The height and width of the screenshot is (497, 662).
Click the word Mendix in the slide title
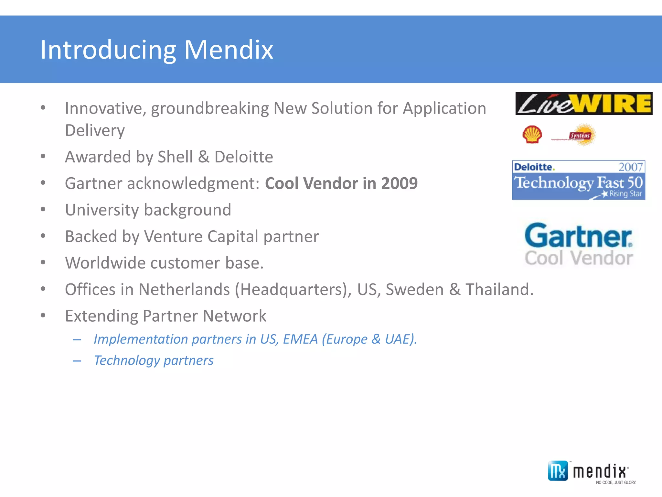tap(229, 50)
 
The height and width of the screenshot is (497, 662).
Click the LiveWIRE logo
tap(583, 104)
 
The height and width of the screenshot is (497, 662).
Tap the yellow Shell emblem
tap(532, 135)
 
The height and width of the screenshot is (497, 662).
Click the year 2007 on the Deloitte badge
tap(630, 167)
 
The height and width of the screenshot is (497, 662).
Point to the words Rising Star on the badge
tap(625, 194)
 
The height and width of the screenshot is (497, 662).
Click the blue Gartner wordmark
tap(578, 236)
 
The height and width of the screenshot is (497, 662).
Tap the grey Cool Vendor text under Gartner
tap(579, 258)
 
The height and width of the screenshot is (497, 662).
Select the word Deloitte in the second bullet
tap(244, 157)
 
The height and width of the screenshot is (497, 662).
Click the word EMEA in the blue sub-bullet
tap(300, 339)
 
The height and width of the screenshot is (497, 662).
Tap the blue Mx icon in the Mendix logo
tap(558, 471)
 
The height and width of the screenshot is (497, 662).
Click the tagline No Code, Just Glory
tap(616, 482)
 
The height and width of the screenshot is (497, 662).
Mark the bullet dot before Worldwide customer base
tap(43, 262)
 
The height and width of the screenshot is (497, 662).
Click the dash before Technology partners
tap(77, 361)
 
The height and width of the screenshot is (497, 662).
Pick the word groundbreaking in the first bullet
tap(210, 108)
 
